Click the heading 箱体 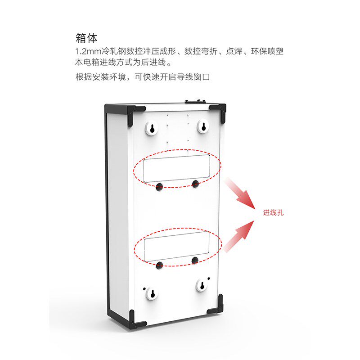[86, 37]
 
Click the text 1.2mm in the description [89, 52]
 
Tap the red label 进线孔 [274, 213]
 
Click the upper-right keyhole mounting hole [203, 126]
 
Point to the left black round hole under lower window [159, 265]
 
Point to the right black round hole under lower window [195, 260]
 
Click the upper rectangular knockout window [176, 167]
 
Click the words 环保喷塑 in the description [266, 52]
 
